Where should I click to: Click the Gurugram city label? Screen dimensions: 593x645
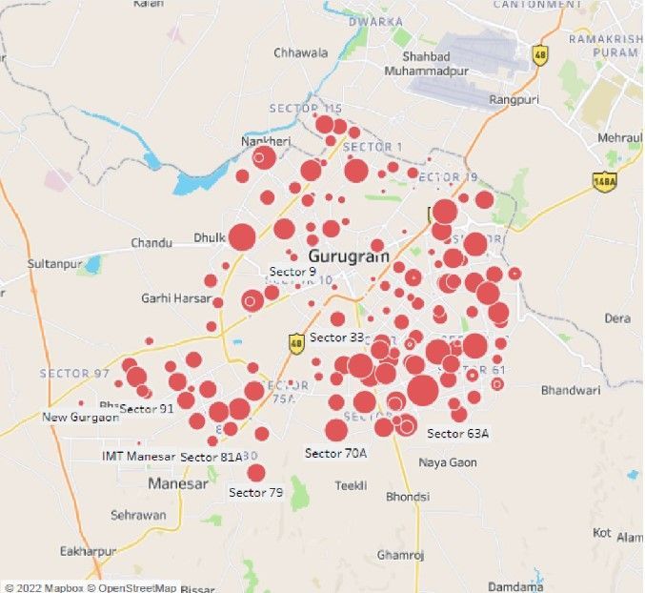349,256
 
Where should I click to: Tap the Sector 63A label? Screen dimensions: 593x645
457,434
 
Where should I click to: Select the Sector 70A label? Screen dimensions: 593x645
335,454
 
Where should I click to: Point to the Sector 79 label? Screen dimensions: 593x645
255,493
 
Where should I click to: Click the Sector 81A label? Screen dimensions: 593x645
212,458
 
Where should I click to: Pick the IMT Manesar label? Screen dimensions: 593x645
139,457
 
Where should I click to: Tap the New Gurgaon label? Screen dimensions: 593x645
81,418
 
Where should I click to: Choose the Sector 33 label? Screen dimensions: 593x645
336,337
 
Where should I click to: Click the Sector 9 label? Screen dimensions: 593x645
292,273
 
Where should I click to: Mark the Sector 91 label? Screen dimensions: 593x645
147,409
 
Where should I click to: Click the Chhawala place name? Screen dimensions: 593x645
300,52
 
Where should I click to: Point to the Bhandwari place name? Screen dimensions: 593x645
571,390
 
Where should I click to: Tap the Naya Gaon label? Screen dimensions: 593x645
448,462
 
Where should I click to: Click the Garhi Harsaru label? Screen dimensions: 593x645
176,298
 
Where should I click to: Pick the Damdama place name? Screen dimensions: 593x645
515,585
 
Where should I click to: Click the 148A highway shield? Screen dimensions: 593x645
603,181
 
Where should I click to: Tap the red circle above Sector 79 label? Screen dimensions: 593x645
255,473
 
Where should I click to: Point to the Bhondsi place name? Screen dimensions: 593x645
407,497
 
